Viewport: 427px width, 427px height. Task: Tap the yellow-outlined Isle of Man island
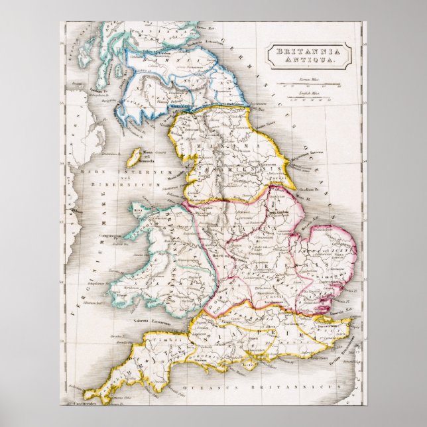(133, 157)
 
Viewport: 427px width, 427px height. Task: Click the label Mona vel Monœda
(160, 160)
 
